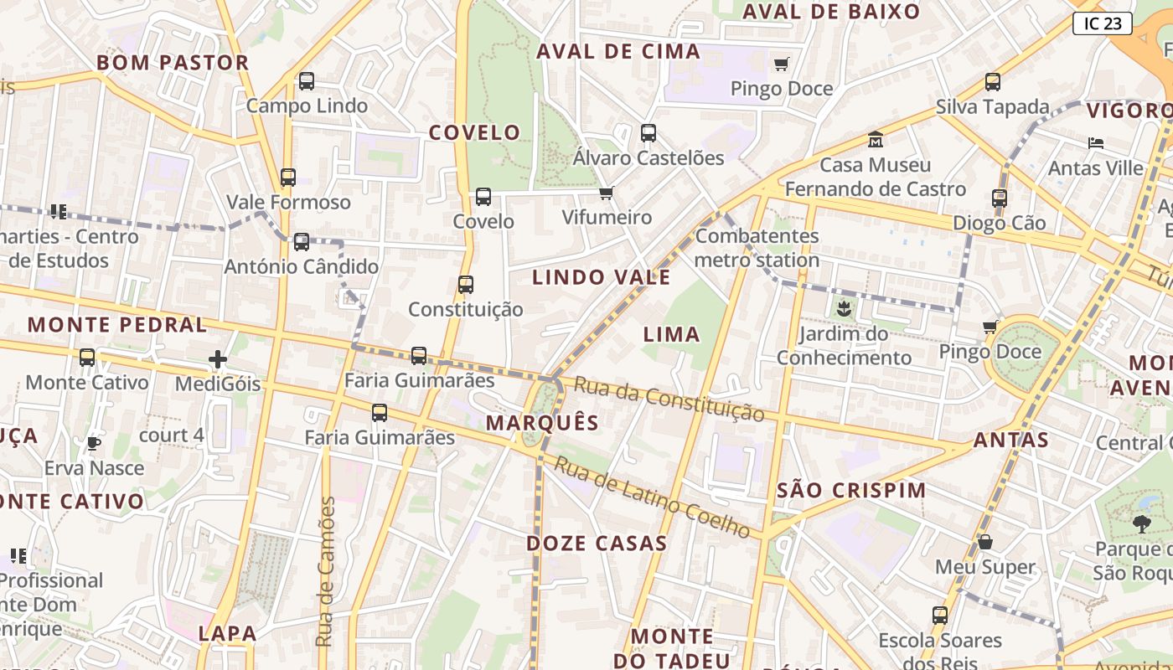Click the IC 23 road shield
1102,23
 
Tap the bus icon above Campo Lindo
307,81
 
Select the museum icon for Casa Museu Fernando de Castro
876,139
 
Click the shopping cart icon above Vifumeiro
607,193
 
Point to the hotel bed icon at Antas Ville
1095,143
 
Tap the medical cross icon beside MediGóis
218,360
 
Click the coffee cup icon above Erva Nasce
93,443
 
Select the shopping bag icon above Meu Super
985,543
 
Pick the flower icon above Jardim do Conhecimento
844,309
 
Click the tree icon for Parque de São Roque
1141,525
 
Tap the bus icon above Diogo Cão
999,198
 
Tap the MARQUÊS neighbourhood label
543,423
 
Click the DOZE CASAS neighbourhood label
597,544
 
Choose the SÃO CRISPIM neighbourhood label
851,491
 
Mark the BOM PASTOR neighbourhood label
173,63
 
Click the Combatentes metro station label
757,248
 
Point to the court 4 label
171,435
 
